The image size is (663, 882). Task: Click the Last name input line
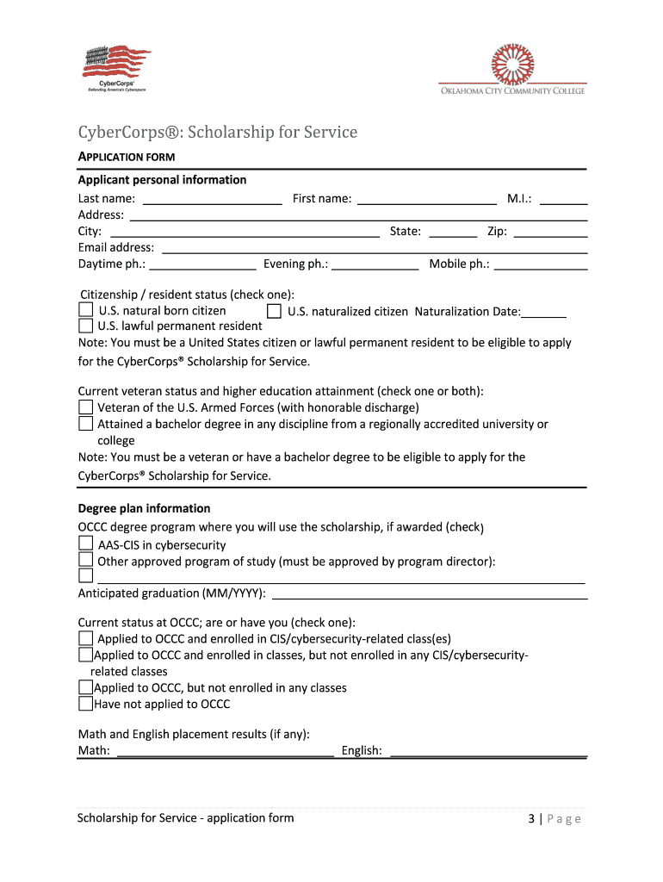point(212,200)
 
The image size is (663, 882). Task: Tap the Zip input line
point(550,233)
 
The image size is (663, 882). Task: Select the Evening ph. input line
point(375,265)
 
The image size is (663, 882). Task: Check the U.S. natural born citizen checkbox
point(86,310)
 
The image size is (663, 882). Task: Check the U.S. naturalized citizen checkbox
point(275,311)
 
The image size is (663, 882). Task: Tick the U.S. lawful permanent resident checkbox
point(86,326)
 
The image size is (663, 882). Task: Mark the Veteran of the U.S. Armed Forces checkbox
point(86,407)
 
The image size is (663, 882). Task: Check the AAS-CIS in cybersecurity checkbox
point(86,544)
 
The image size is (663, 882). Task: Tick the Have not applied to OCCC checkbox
point(85,704)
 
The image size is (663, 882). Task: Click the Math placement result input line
point(225,752)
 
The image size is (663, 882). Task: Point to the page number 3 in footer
point(532,819)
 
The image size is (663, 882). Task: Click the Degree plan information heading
point(144,508)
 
